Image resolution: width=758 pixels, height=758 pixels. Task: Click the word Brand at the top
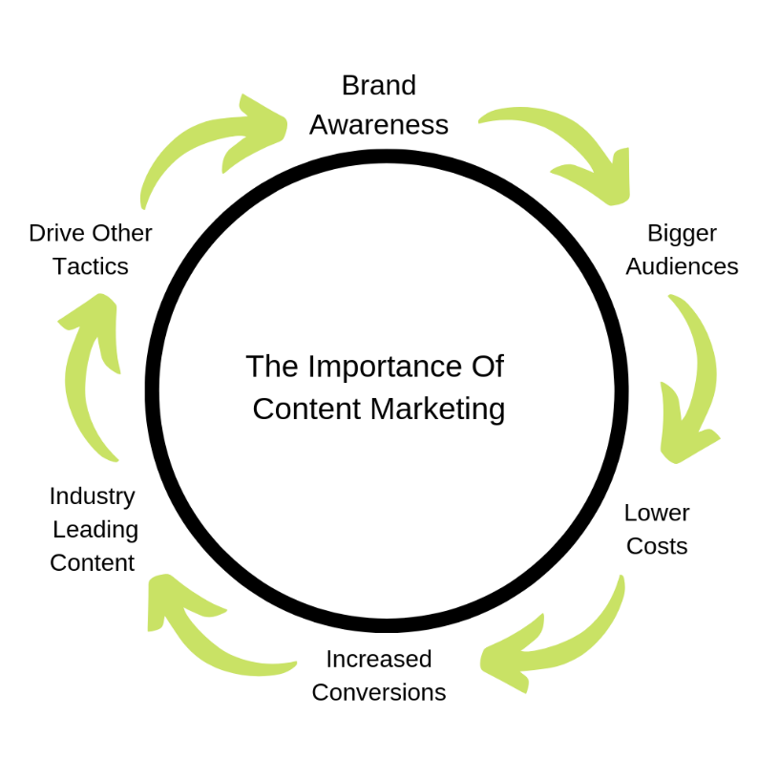(379, 86)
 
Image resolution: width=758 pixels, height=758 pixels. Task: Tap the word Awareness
(379, 125)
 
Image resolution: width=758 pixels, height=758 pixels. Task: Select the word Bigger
(682, 233)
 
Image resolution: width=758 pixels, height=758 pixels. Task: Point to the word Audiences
(682, 266)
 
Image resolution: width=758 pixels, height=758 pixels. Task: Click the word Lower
(657, 513)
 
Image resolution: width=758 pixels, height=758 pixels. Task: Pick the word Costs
(657, 547)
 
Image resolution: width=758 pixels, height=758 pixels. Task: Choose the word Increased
(379, 659)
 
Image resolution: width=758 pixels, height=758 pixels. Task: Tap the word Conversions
(379, 692)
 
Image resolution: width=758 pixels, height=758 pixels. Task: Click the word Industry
(93, 496)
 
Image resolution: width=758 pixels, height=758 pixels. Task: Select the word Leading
(95, 529)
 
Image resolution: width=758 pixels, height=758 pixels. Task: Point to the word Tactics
(91, 266)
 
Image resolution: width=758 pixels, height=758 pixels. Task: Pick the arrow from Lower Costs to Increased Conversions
(563, 640)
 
